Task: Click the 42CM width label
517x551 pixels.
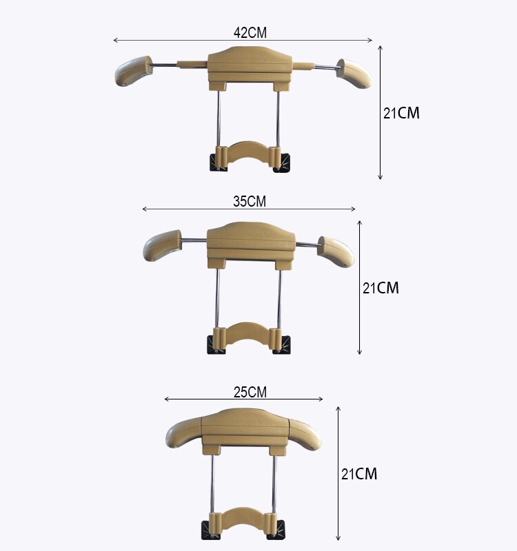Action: tap(250, 32)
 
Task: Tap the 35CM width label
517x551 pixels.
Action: tap(249, 201)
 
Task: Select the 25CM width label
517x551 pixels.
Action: tap(250, 392)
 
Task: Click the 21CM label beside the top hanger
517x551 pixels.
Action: tap(401, 114)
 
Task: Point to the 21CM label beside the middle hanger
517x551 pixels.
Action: tap(381, 288)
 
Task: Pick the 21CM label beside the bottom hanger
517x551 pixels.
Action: tap(359, 474)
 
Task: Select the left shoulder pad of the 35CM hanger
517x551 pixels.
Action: tap(161, 245)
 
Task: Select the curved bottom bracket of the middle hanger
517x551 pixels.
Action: tap(249, 335)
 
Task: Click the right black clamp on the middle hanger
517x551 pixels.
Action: tap(283, 344)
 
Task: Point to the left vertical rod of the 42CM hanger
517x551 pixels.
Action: tap(219, 117)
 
